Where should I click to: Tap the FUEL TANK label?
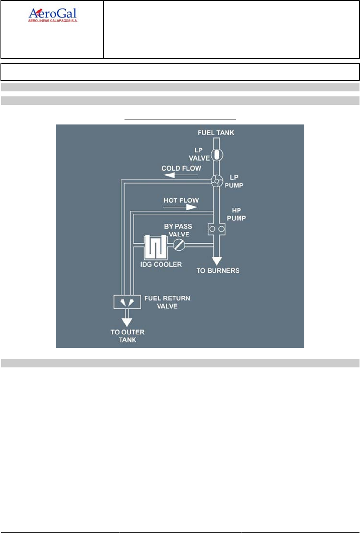pos(216,133)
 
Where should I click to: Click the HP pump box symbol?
pos(216,229)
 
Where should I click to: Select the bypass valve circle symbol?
pos(179,245)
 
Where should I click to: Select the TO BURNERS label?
pos(218,271)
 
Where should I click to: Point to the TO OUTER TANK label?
pos(127,336)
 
